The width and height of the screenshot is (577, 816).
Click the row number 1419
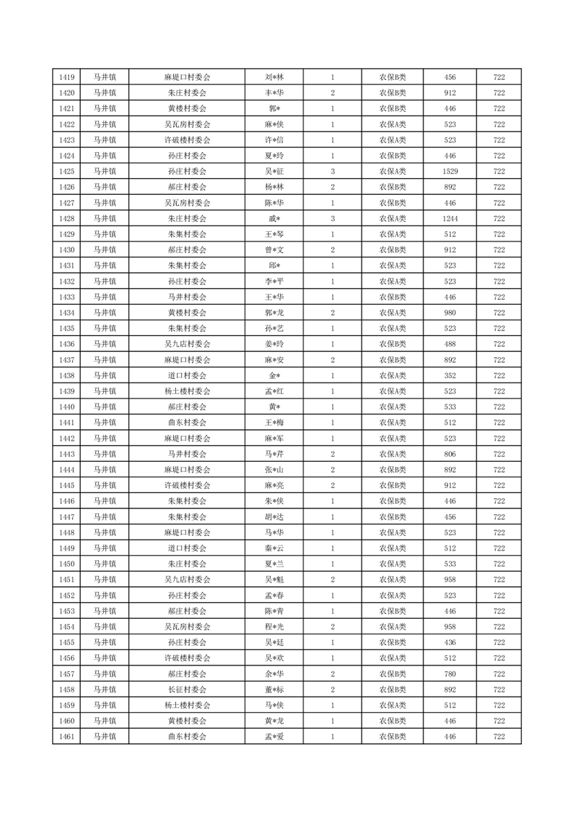67,77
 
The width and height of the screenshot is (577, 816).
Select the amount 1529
450,172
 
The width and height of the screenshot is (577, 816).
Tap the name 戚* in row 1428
274,219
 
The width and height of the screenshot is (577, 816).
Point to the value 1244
450,219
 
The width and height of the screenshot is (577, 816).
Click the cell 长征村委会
187,689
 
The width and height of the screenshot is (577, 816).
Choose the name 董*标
274,689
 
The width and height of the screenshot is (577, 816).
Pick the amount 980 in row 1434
450,313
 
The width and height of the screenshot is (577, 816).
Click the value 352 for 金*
450,375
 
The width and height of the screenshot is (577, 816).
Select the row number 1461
67,737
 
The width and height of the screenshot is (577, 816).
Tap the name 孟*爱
274,737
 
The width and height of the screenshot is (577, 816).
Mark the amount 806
450,454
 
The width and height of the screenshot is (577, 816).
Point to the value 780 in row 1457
450,674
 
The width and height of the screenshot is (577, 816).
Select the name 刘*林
274,77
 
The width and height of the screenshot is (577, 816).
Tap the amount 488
450,344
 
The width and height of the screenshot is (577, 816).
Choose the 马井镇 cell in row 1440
105,407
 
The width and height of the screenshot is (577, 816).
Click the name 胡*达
274,517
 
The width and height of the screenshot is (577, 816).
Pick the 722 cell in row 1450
499,564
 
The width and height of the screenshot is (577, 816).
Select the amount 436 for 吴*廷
450,643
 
